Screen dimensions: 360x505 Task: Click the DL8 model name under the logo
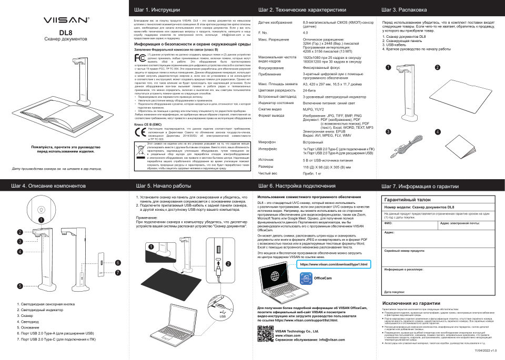coord(65,32)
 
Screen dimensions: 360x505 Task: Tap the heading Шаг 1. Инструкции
coord(158,10)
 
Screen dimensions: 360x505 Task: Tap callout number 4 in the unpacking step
coord(438,131)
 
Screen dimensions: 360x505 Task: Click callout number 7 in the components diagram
coord(118,272)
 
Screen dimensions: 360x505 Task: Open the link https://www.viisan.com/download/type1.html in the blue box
coord(335,264)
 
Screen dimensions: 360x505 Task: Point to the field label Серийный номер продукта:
coord(405,250)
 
